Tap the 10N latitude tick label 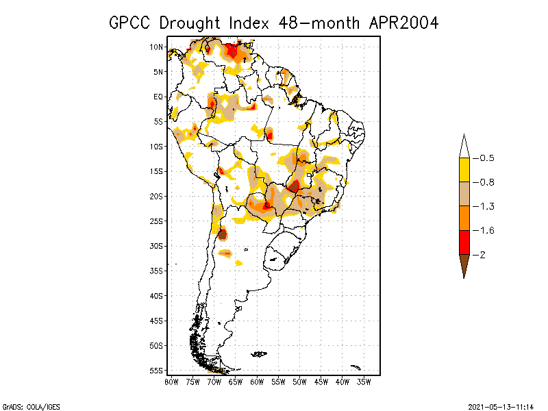tap(156, 47)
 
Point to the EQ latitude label tap(158, 97)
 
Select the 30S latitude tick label tap(156, 246)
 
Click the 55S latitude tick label tap(156, 371)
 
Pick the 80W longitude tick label tap(171, 382)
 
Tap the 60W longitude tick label tap(257, 382)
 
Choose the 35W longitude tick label tap(364, 382)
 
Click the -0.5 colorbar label tap(486, 158)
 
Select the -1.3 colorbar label tap(486, 206)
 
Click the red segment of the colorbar tap(464, 242)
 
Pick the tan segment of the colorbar tap(464, 194)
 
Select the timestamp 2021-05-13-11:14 tap(501, 406)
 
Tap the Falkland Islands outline tap(259, 354)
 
